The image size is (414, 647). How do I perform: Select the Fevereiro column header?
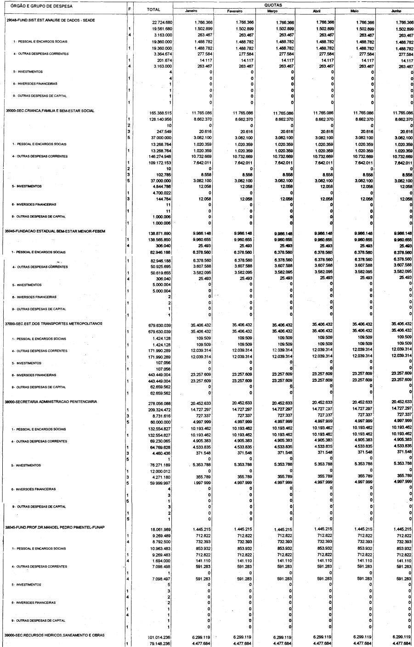[234, 11]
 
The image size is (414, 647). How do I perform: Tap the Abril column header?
[316, 11]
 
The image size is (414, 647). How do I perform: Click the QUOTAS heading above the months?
[273, 5]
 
